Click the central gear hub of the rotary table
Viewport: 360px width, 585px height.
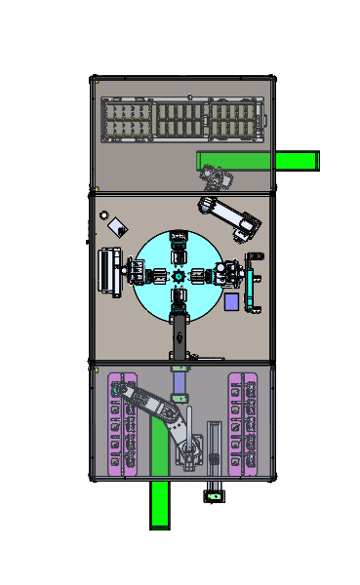pos(179,276)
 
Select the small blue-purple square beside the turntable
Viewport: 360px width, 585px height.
pos(231,301)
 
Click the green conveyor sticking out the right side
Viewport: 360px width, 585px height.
pos(298,161)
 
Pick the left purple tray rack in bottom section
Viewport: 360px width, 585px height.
pos(123,423)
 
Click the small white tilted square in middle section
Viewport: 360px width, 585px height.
pos(117,226)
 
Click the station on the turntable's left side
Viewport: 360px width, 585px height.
pos(142,275)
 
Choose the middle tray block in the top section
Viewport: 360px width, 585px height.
pos(180,121)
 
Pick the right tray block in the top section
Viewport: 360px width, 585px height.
pos(233,121)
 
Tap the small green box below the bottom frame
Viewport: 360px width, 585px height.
pos(213,497)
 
